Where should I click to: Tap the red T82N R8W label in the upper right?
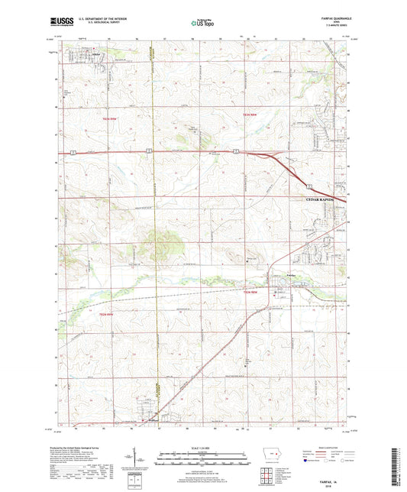coord(251,115)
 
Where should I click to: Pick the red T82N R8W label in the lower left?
coord(104,313)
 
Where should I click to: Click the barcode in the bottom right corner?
coord(397,467)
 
